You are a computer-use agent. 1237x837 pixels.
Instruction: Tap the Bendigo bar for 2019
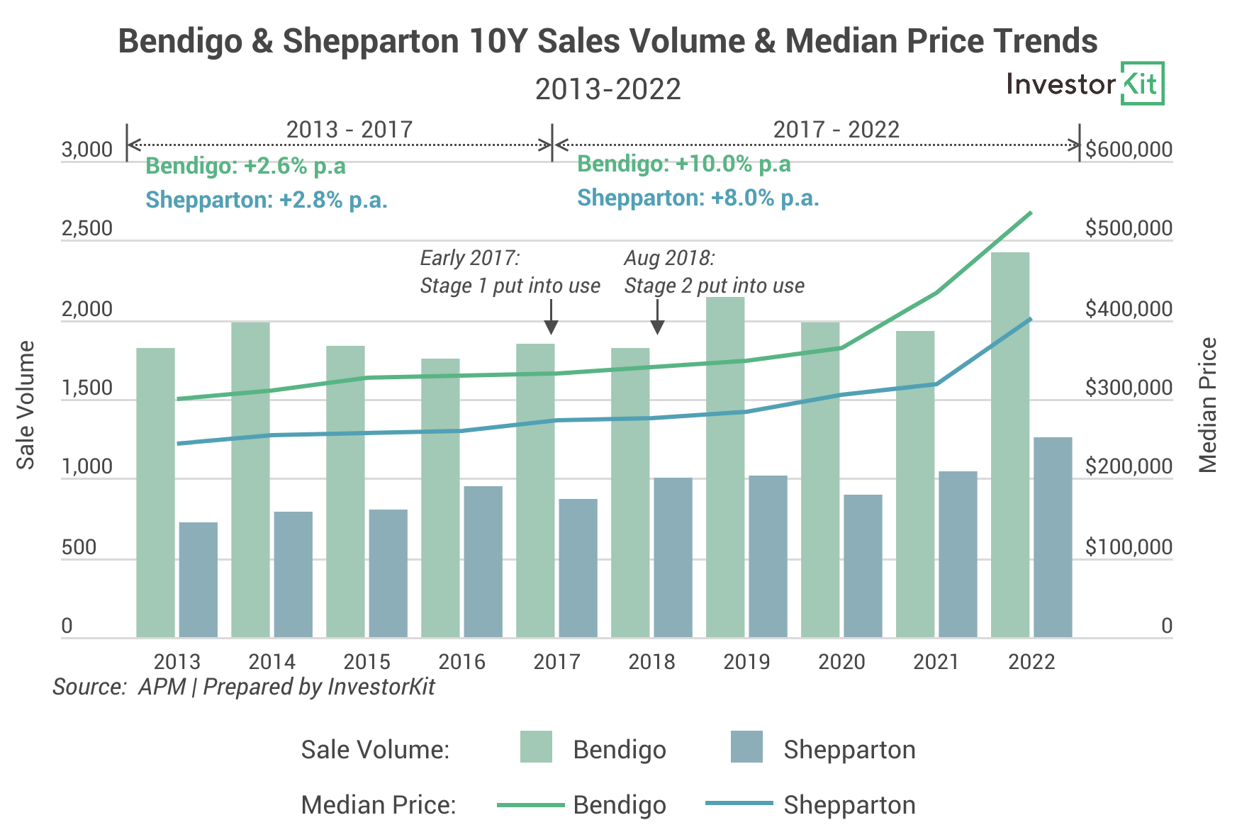click(724, 468)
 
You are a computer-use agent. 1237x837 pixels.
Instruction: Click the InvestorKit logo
click(1085, 84)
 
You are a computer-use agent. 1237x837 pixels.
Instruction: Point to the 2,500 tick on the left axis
click(87, 229)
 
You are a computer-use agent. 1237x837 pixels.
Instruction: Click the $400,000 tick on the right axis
click(1129, 310)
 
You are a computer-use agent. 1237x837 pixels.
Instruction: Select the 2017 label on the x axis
click(556, 662)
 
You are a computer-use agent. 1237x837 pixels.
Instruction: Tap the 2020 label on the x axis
click(841, 662)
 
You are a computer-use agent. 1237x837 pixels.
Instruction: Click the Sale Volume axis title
click(26, 405)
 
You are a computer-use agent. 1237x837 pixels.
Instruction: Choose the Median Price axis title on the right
click(1207, 405)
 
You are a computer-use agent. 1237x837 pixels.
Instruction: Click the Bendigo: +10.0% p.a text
click(683, 164)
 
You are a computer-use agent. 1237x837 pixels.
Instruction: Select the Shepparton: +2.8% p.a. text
click(266, 201)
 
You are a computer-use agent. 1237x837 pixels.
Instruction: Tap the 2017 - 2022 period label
click(836, 130)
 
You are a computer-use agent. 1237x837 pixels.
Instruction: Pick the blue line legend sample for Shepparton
click(739, 803)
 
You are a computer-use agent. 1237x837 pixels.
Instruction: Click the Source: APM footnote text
click(243, 687)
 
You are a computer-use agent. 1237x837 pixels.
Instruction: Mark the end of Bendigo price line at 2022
click(1030, 213)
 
